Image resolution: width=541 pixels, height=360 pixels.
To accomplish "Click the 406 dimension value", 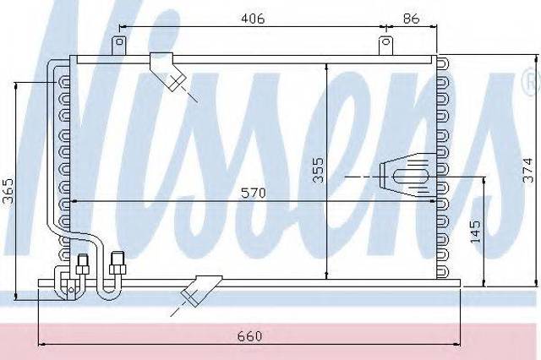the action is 253,19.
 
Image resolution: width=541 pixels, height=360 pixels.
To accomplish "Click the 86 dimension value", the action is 411,19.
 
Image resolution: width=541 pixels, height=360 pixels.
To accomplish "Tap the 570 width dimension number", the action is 254,194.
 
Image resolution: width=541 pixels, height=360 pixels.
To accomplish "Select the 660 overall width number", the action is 250,335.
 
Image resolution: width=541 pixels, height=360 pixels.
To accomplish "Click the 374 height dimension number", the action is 527,171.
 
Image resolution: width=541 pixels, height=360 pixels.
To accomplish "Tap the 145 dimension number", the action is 475,231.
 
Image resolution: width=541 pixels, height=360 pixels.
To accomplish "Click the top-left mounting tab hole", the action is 120,42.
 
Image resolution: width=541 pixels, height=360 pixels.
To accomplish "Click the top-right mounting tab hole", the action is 386,42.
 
